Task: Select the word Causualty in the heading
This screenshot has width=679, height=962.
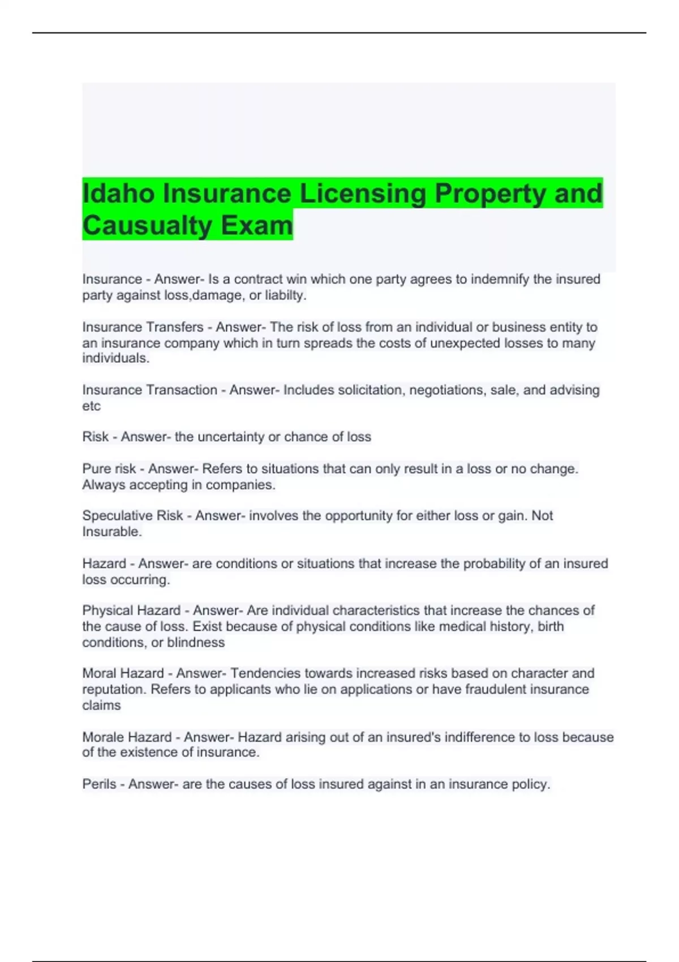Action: coord(147,225)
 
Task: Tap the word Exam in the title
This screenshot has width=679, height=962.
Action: coord(257,225)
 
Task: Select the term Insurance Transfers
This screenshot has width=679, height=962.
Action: coord(143,327)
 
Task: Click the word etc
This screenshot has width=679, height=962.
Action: coord(91,406)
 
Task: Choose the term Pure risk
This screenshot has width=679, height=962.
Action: coord(109,469)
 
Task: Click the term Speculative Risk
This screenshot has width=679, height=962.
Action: coord(132,516)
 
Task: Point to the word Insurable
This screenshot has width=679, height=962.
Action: coord(111,531)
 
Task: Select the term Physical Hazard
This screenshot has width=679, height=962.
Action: coord(131,611)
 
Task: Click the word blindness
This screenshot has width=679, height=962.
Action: coord(196,642)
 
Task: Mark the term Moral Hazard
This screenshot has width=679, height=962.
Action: coord(123,673)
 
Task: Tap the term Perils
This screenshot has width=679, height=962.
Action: coord(99,784)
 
